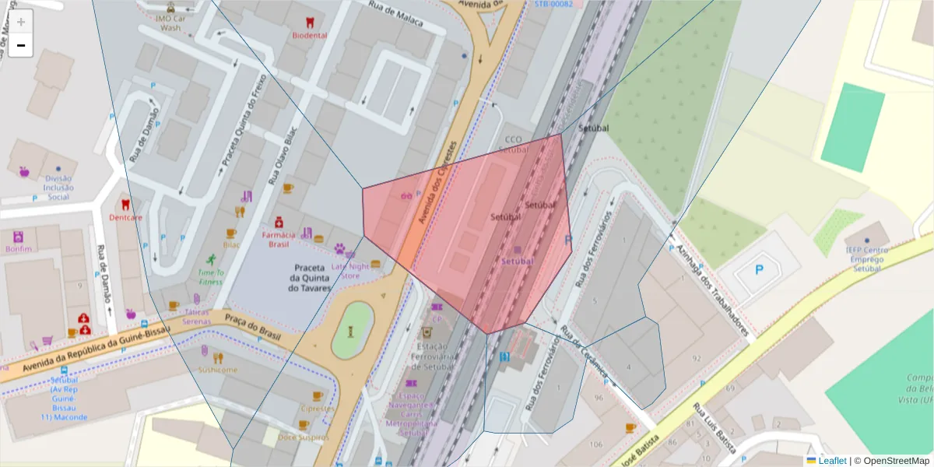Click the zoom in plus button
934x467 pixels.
[21, 22]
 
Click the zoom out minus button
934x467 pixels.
[21, 46]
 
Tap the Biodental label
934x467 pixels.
[310, 36]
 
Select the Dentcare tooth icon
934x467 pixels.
[125, 205]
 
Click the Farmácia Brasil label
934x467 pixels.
[279, 239]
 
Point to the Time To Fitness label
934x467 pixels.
[210, 277]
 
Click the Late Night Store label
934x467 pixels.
[351, 270]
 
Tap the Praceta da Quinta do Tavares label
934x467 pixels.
[310, 278]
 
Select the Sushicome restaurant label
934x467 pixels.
[218, 370]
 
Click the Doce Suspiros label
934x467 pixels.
[303, 437]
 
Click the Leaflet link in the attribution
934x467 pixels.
[831, 461]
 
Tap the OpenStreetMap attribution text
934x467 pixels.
[892, 461]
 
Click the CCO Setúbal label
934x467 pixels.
[512, 146]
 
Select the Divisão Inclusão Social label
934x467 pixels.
[58, 187]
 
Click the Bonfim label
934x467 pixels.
[19, 249]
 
